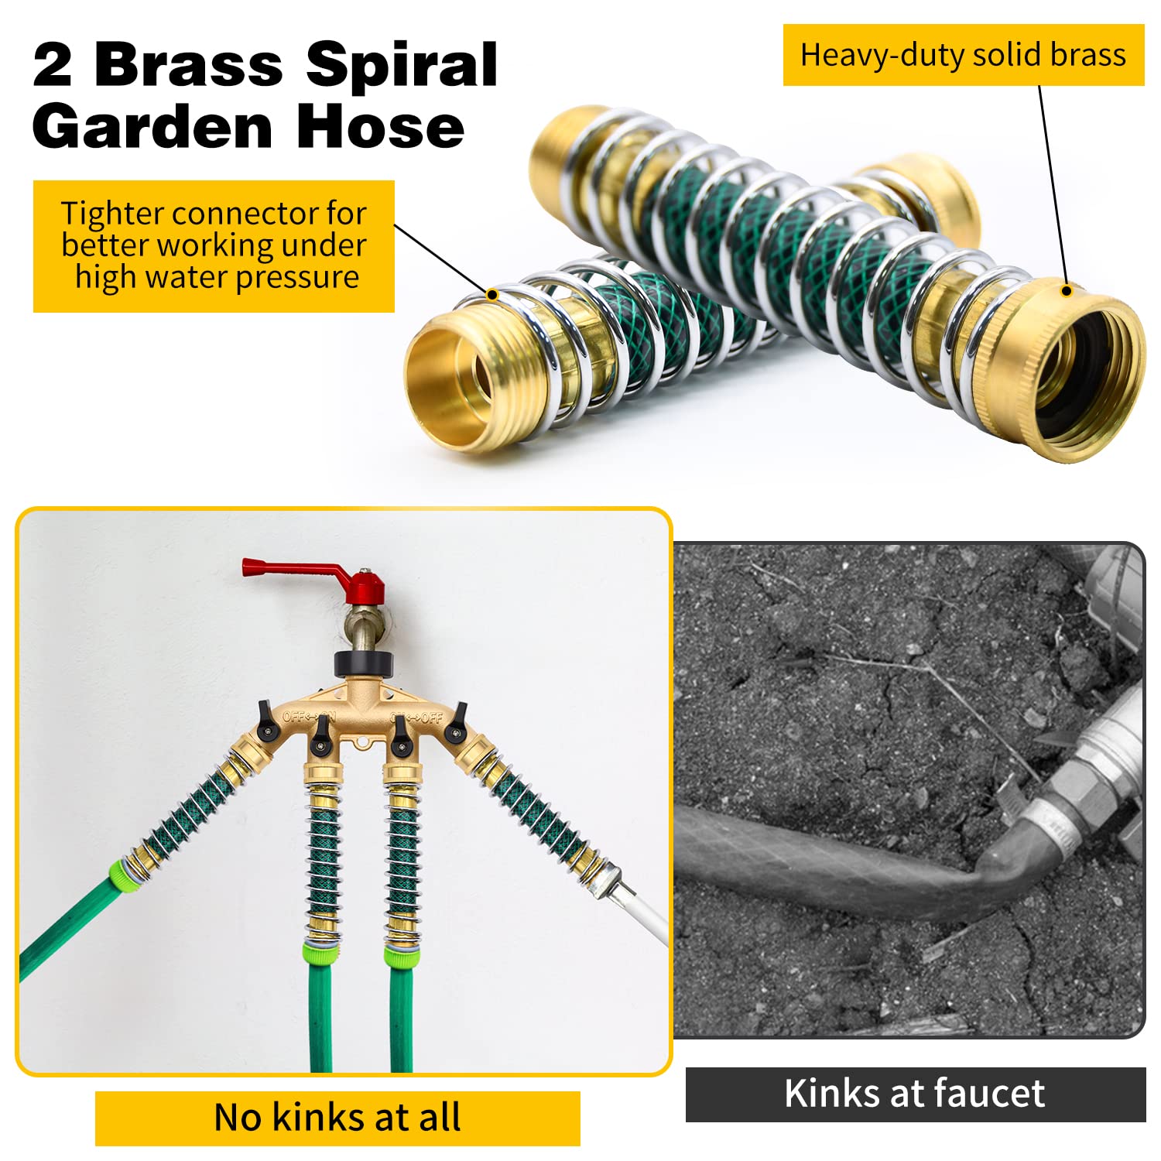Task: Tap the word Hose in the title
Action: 380,127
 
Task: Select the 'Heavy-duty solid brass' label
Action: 964,55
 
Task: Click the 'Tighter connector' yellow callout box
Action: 214,246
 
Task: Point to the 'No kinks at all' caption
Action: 337,1118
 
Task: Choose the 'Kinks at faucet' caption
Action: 915,1094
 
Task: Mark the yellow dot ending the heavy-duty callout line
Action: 1067,291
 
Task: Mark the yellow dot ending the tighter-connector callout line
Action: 491,294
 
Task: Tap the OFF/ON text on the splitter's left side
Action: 308,717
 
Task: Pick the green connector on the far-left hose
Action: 125,875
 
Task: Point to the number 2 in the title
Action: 53,65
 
